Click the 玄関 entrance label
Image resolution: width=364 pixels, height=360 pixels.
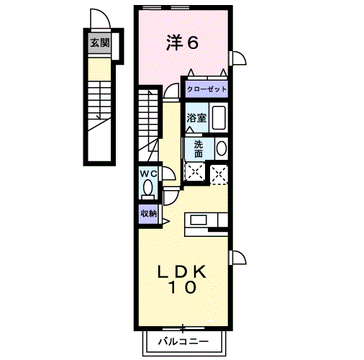[100, 43]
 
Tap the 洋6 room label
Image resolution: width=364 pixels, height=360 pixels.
[183, 43]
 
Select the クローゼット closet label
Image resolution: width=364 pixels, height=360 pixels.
[206, 89]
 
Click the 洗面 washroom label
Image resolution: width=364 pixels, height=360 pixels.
[199, 148]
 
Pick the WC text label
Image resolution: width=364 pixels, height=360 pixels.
[147, 174]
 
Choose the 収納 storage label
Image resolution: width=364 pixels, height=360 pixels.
[148, 214]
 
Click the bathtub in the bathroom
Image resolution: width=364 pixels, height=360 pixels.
[219, 118]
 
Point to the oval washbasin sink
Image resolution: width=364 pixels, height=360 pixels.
[220, 148]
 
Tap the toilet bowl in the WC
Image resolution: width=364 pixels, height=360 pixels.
[148, 189]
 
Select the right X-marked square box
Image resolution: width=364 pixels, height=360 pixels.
[219, 171]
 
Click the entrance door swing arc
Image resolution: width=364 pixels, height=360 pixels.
[98, 19]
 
